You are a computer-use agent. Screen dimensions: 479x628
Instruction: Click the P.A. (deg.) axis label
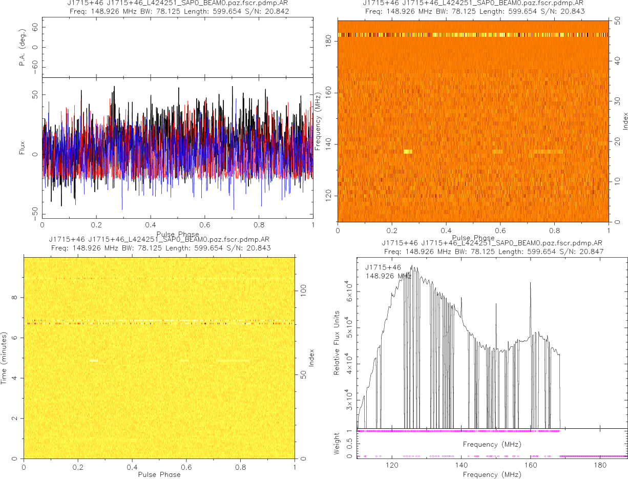(x=22, y=48)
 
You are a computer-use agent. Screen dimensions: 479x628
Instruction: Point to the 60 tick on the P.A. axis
(x=35, y=28)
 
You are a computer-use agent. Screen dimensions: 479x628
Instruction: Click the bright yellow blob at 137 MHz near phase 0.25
(x=408, y=152)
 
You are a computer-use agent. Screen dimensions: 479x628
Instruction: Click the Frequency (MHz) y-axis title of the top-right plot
(x=318, y=121)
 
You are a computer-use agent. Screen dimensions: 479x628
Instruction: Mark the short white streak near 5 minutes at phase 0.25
(x=93, y=361)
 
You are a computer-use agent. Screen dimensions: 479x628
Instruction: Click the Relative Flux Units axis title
(x=337, y=342)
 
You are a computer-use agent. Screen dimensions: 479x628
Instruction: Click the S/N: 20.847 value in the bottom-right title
(x=583, y=252)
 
